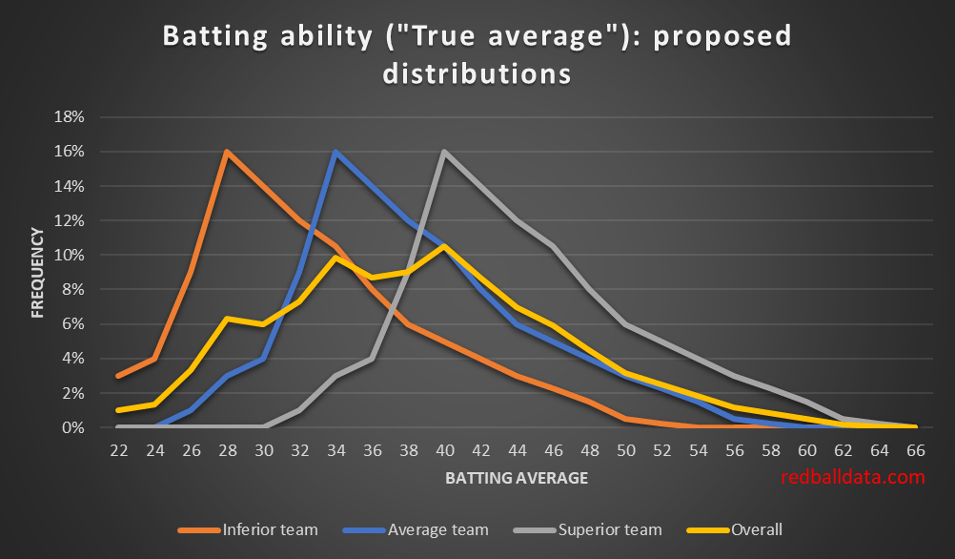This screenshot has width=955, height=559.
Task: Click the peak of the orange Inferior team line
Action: click(x=226, y=152)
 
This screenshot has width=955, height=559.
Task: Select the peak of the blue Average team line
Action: click(x=335, y=152)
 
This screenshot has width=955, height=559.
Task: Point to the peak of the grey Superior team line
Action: click(x=444, y=152)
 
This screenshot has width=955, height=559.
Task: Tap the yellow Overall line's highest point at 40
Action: click(x=444, y=246)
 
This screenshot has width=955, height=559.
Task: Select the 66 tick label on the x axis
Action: click(x=914, y=447)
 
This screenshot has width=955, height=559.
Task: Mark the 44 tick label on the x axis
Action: click(x=516, y=447)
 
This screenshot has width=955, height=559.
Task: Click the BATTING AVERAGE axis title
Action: click(x=516, y=478)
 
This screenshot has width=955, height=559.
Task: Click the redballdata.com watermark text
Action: click(x=853, y=477)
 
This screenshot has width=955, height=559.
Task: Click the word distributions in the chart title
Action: click(x=477, y=72)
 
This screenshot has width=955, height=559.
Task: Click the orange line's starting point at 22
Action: click(x=117, y=376)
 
